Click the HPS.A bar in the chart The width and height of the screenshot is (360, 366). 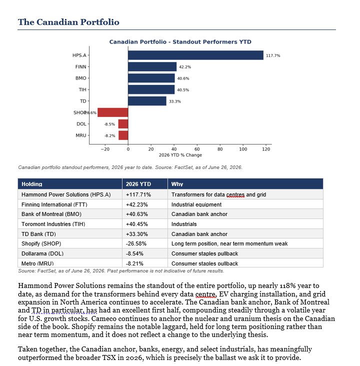click(195, 55)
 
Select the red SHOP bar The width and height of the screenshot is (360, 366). click(113, 112)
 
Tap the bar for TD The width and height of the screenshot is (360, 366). click(147, 101)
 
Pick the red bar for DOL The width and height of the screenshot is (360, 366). click(123, 124)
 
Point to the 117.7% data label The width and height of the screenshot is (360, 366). click(273, 55)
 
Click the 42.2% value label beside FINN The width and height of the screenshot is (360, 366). click(185, 67)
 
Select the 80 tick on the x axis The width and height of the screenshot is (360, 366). click(220, 149)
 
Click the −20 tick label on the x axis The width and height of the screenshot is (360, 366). click(105, 149)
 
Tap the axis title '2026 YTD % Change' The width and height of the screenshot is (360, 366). click(180, 155)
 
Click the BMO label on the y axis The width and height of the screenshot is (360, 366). click(81, 78)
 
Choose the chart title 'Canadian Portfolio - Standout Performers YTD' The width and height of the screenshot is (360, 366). click(180, 42)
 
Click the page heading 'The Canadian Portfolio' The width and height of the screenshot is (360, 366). click(68, 22)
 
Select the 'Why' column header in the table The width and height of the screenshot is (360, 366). click(177, 184)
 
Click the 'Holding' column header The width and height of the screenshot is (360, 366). click(32, 184)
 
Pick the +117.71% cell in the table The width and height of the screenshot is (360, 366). click(138, 194)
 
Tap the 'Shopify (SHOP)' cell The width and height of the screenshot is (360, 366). click(41, 243)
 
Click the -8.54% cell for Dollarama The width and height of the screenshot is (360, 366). click(134, 253)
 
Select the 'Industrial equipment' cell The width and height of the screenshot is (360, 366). click(196, 204)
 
